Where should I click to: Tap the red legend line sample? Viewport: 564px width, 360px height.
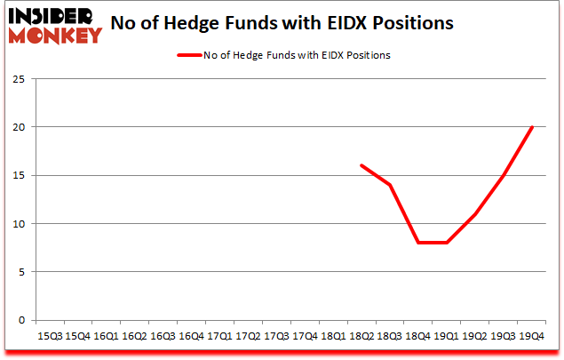coord(190,55)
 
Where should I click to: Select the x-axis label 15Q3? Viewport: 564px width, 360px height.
coord(49,336)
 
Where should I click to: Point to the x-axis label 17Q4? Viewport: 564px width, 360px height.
coord(304,336)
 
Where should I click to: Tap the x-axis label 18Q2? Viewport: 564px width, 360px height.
coord(361,336)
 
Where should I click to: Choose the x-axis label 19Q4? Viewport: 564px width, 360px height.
coord(531,336)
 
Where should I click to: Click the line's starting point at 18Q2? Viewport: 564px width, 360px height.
coord(361,165)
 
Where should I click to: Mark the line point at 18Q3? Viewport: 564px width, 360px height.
coord(389,185)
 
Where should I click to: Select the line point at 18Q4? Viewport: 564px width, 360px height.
coord(417,243)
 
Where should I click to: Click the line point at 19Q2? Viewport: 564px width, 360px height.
coord(474,214)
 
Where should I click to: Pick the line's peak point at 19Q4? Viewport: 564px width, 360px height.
coord(531,127)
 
